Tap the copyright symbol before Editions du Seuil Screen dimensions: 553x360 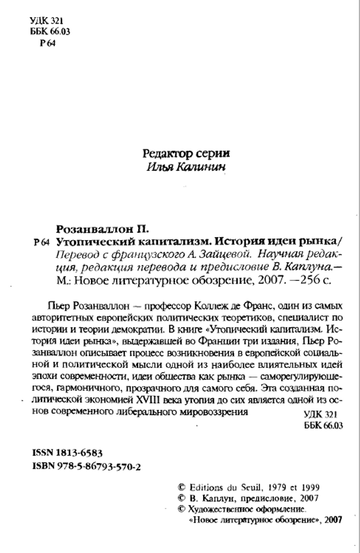coord(182,487)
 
